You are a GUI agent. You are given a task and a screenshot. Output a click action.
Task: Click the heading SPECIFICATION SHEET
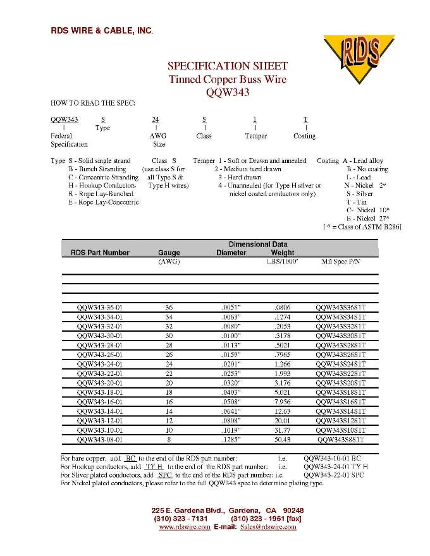[x=227, y=66]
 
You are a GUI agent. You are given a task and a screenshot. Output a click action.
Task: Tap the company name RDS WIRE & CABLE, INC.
[x=102, y=30]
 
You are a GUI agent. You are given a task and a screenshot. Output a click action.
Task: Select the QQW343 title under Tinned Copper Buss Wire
[x=228, y=92]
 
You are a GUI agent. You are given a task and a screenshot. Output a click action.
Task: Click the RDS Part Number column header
[x=95, y=253]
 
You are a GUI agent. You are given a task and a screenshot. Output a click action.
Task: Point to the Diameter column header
[x=231, y=253]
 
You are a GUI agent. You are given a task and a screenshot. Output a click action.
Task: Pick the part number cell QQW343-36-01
[x=99, y=308]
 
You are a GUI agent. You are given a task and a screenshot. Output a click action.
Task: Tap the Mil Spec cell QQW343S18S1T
[x=340, y=392]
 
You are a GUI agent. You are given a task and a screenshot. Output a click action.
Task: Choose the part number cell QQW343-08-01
[x=99, y=439]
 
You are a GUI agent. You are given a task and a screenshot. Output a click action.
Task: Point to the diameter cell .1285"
[x=231, y=439]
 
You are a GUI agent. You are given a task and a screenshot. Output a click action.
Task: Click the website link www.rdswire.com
[x=184, y=527]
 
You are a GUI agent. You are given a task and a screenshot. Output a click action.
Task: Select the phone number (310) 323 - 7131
[x=181, y=519]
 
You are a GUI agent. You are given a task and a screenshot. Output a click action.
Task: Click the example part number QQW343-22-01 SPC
[x=333, y=474]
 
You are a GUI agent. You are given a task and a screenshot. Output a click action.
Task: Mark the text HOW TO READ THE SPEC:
[x=92, y=102]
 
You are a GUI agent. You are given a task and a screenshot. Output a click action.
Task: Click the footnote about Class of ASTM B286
[x=362, y=227]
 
